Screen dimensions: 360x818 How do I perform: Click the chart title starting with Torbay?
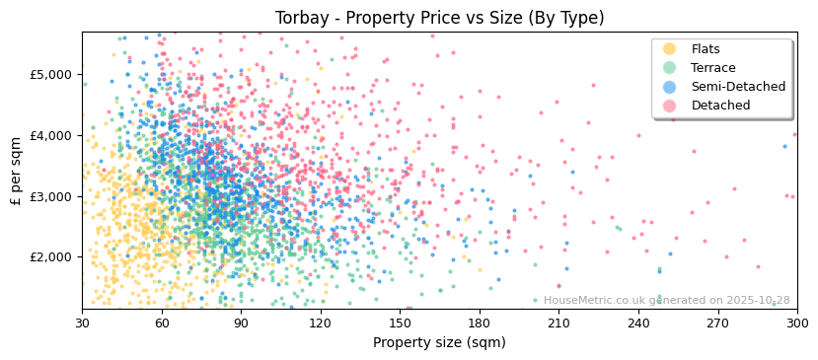click(x=439, y=18)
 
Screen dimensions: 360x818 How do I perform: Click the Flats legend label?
click(x=706, y=49)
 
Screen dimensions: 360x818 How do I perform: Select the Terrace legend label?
click(x=712, y=68)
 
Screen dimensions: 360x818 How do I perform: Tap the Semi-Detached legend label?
click(x=738, y=87)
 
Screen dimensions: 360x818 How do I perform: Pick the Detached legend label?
click(x=720, y=106)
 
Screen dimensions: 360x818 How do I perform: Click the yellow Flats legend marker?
click(x=670, y=49)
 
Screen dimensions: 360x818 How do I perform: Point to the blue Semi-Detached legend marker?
click(x=670, y=87)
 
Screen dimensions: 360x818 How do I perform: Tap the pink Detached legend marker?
click(x=670, y=106)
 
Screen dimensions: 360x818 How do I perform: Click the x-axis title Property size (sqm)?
click(x=439, y=343)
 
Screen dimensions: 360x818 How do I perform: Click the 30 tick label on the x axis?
click(x=82, y=323)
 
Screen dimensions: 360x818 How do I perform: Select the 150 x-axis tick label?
click(x=400, y=323)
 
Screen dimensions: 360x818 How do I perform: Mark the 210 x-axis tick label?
click(x=558, y=323)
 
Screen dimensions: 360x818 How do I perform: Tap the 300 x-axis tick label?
click(x=796, y=323)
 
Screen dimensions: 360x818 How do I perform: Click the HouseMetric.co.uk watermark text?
click(x=666, y=301)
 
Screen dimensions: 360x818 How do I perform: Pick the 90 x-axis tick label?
click(x=241, y=323)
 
